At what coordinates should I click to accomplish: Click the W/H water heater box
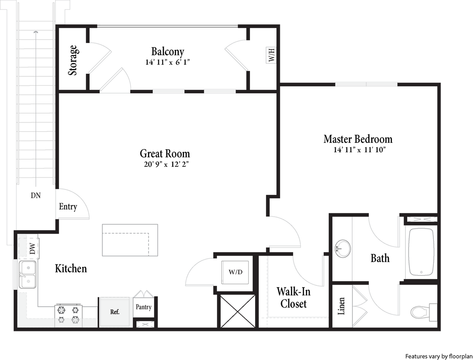pyautogui.click(x=272, y=55)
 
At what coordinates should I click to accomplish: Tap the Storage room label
pyautogui.click(x=73, y=61)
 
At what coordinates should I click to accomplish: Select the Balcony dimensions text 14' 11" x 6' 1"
pyautogui.click(x=167, y=62)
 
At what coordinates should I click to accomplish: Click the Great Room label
pyautogui.click(x=165, y=154)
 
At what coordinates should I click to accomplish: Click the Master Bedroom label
pyautogui.click(x=358, y=139)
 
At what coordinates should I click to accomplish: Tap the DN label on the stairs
pyautogui.click(x=36, y=196)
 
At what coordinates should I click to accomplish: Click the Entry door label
pyautogui.click(x=68, y=207)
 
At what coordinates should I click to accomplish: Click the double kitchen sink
pyautogui.click(x=28, y=275)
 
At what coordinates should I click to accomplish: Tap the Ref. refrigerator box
pyautogui.click(x=114, y=312)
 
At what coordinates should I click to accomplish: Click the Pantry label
pyautogui.click(x=143, y=307)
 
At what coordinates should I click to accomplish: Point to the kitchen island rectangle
pyautogui.click(x=130, y=240)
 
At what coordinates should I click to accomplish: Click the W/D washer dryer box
pyautogui.click(x=235, y=272)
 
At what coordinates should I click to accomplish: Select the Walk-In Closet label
pyautogui.click(x=293, y=297)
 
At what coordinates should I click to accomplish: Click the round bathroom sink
pyautogui.click(x=342, y=248)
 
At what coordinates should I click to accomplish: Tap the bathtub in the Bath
pyautogui.click(x=421, y=252)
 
